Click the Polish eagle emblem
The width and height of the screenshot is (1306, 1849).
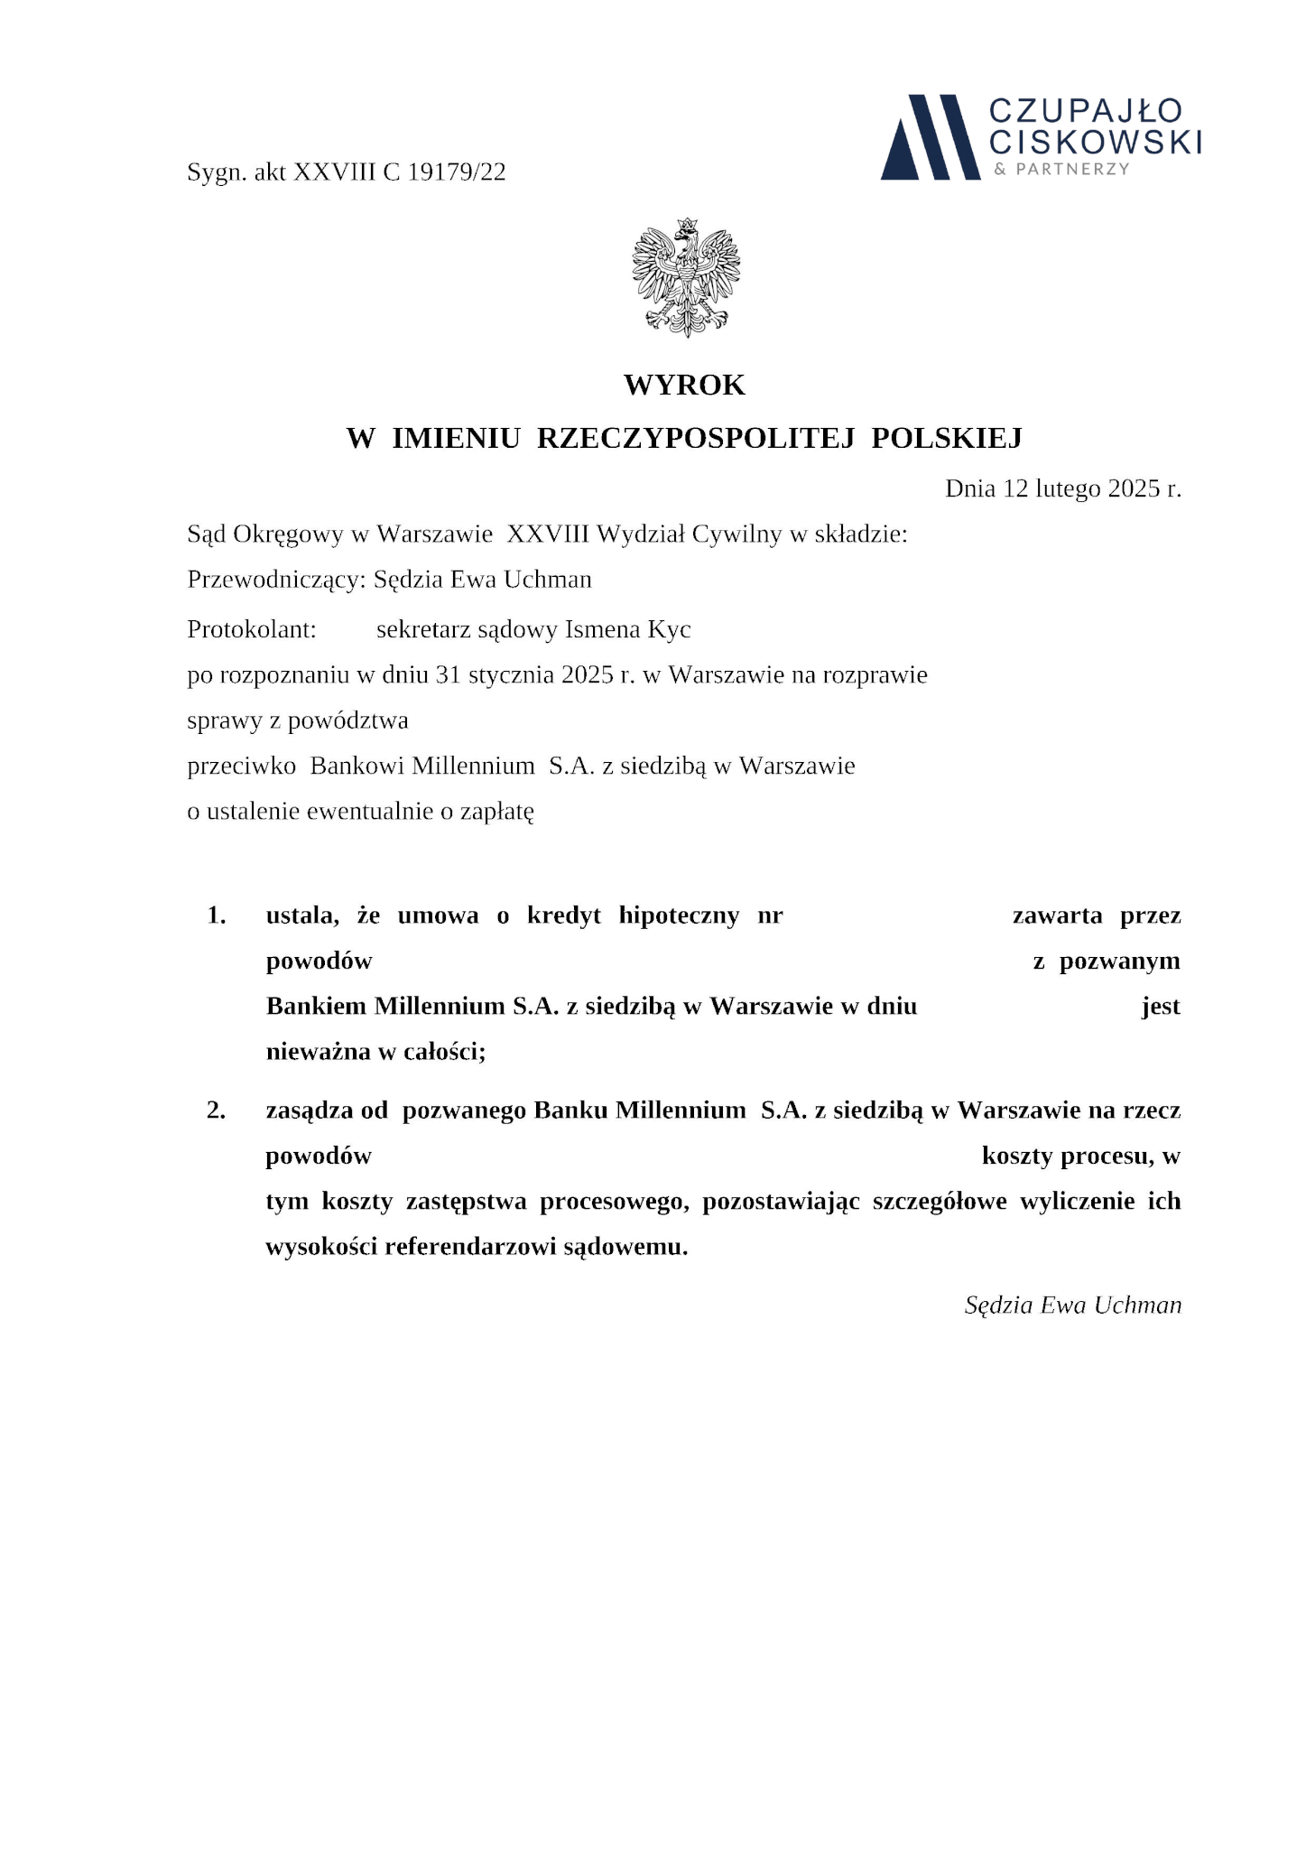686,278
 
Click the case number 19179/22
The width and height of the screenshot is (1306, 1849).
457,172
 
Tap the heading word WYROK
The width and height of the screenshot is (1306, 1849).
684,386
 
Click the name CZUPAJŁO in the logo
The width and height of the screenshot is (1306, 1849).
1085,111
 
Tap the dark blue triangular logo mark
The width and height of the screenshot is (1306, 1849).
930,137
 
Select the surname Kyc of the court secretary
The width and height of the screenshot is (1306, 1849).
670,629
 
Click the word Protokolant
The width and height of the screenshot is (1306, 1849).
251,629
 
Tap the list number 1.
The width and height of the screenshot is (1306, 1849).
216,915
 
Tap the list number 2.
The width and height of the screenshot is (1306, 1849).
216,1110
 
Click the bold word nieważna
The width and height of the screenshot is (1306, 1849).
313,1052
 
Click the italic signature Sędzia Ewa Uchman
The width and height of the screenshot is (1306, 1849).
1072,1305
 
